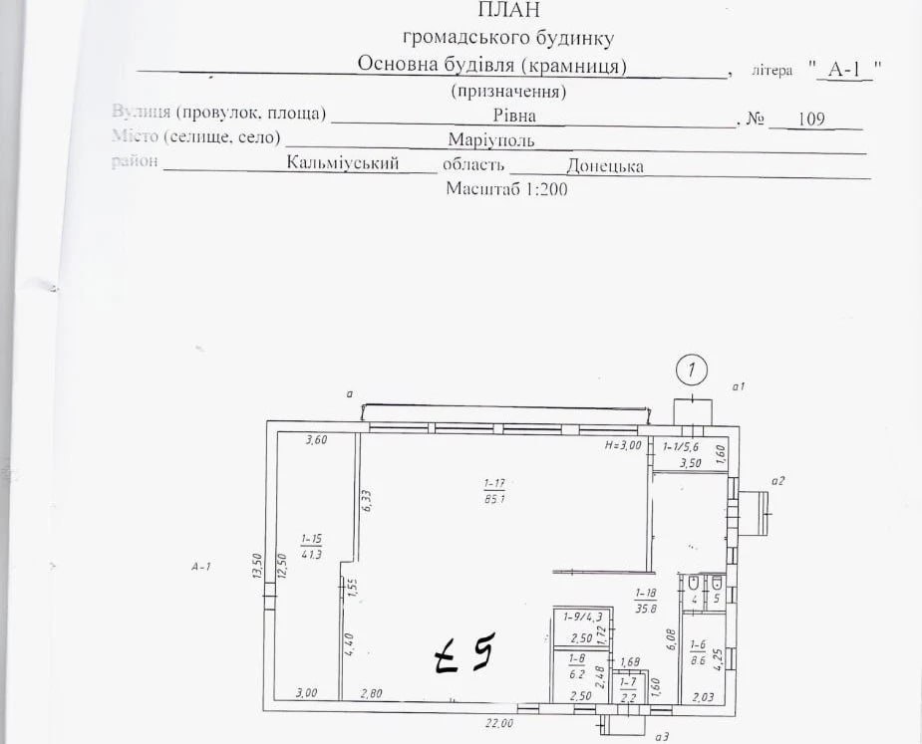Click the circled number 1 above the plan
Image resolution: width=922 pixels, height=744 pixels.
click(691, 371)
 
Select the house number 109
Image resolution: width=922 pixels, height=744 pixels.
click(811, 119)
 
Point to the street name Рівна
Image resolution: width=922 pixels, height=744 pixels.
click(514, 117)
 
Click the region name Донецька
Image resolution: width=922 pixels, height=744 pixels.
click(604, 166)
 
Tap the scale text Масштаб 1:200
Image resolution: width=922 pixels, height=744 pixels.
click(505, 189)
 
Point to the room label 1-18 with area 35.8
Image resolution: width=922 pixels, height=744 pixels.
click(647, 600)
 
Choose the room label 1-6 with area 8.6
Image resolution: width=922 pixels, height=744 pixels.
click(699, 652)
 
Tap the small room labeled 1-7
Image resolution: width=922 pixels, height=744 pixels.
click(627, 688)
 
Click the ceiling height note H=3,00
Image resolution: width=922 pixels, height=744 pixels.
click(623, 445)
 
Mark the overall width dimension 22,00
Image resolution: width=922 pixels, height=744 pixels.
click(498, 723)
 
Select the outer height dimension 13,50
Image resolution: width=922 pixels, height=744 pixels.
click(256, 567)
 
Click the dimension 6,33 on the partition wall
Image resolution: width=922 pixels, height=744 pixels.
click(367, 499)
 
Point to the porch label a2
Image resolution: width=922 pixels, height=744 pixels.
click(778, 481)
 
